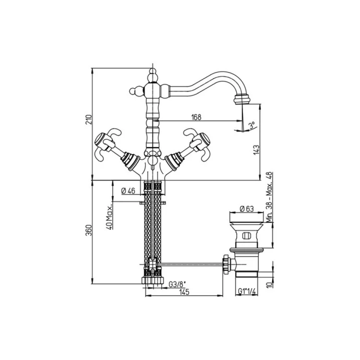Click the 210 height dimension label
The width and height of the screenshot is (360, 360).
[89, 120]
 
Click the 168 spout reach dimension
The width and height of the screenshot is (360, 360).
[196, 117]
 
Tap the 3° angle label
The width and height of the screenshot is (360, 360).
[252, 126]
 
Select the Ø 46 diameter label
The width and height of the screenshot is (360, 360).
[128, 191]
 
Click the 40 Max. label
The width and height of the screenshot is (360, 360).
[109, 217]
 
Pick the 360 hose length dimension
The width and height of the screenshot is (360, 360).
[89, 230]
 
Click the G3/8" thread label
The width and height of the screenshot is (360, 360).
[177, 285]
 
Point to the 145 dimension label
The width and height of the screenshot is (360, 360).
[184, 292]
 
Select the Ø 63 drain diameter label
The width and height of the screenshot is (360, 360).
[247, 209]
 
